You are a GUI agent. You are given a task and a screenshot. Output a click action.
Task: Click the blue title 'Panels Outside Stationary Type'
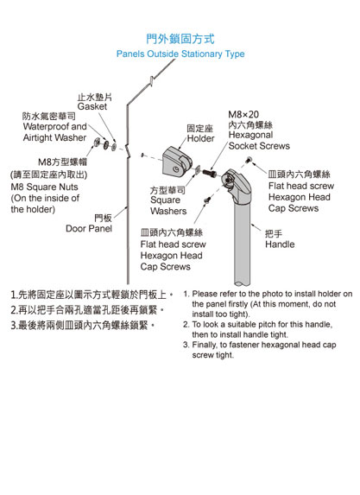[180, 54]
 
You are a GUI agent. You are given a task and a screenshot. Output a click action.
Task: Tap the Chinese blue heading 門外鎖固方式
[180, 39]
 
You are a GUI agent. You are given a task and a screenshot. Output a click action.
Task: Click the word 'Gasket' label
[92, 107]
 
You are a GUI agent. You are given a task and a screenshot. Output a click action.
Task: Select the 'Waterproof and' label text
[55, 127]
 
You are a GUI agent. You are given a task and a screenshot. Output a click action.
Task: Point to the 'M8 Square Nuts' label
[45, 187]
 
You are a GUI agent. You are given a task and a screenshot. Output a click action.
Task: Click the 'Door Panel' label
[89, 229]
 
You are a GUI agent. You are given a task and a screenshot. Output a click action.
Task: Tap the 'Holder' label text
[200, 138]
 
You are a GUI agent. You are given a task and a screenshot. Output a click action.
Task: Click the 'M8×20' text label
[243, 114]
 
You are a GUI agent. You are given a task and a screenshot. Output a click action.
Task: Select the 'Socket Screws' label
[259, 146]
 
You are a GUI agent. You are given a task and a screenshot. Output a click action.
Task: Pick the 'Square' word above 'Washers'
[166, 200]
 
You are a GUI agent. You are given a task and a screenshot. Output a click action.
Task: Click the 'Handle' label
[280, 244]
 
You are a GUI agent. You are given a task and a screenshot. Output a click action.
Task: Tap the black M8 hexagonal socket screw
[209, 173]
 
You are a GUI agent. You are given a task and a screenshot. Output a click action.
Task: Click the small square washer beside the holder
[197, 169]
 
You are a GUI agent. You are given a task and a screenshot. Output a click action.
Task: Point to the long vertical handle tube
[243, 243]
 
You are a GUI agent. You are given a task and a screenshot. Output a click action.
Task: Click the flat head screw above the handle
[249, 160]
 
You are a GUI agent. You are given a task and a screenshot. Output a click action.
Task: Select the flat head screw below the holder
[207, 200]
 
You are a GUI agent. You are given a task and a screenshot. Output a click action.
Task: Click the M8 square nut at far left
[97, 142]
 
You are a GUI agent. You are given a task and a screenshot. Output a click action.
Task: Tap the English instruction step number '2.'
[186, 325]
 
